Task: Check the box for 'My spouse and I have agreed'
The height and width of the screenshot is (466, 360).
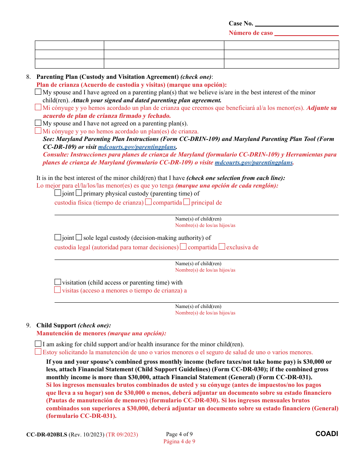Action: [38, 92]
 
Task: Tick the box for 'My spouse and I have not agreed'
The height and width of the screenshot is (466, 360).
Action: [38, 123]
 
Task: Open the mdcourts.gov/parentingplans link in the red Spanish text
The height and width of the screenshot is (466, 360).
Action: [254, 163]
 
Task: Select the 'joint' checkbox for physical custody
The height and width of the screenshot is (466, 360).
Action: [58, 193]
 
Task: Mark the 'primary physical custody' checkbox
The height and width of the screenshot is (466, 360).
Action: [79, 193]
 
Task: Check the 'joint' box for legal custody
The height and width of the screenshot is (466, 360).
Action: [58, 238]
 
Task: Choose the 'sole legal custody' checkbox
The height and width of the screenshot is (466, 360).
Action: [79, 238]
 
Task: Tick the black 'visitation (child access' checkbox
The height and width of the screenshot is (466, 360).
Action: [58, 282]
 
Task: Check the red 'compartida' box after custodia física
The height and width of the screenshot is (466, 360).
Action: [149, 202]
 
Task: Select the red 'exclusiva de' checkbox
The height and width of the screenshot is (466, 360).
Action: [222, 247]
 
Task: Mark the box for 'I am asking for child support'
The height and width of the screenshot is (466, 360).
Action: [38, 344]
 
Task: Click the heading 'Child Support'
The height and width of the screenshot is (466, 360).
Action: [56, 325]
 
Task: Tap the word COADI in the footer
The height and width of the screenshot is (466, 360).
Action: [327, 434]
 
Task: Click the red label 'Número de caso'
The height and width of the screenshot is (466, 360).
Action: [250, 33]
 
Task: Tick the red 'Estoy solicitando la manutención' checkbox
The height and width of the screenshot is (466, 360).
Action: [38, 352]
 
